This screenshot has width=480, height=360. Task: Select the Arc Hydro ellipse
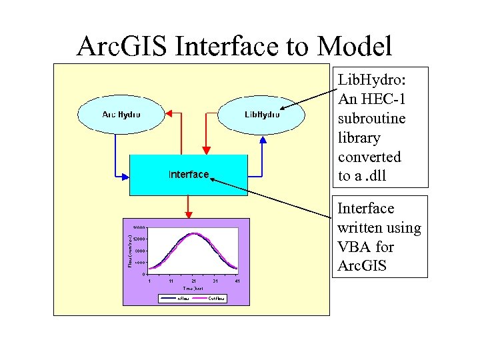coord(121,114)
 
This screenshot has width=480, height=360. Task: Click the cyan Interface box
coord(188,175)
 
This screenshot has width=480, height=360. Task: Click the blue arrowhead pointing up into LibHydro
coord(263,139)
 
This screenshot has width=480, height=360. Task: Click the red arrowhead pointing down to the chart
coord(189,215)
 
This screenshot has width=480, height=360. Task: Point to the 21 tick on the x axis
coord(193,281)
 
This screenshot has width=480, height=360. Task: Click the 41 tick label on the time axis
coord(237,281)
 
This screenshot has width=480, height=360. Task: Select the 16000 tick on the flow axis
coord(139,227)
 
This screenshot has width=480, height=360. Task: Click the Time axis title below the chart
coord(193,289)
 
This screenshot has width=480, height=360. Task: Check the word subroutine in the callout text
coord(371,118)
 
